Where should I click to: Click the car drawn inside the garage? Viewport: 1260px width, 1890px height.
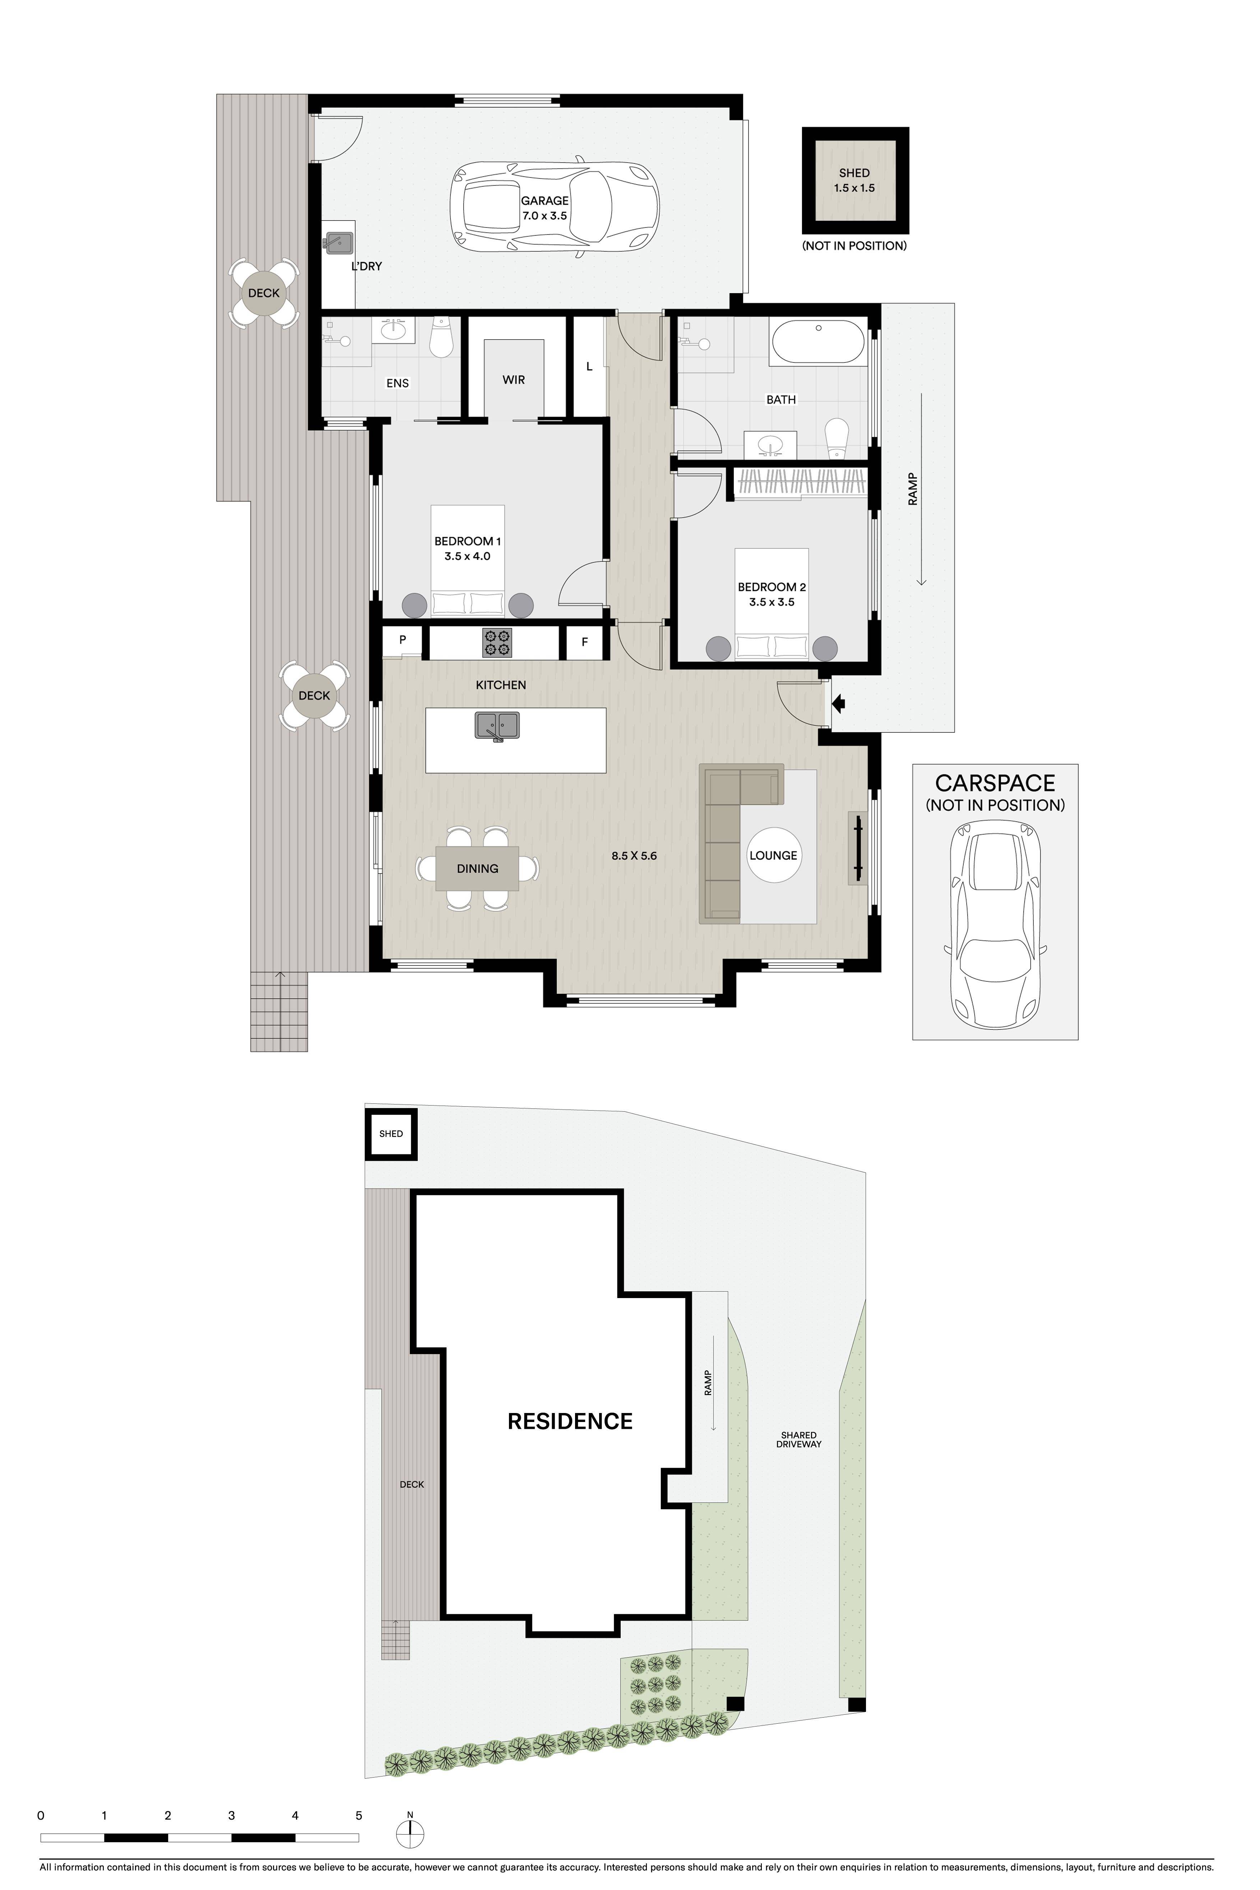555,209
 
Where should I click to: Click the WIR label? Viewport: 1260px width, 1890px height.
514,380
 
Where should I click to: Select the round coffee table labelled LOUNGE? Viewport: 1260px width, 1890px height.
773,855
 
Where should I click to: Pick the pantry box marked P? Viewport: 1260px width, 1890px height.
403,640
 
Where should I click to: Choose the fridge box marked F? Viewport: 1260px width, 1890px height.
585,642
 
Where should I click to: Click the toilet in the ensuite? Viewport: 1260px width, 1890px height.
441,338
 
